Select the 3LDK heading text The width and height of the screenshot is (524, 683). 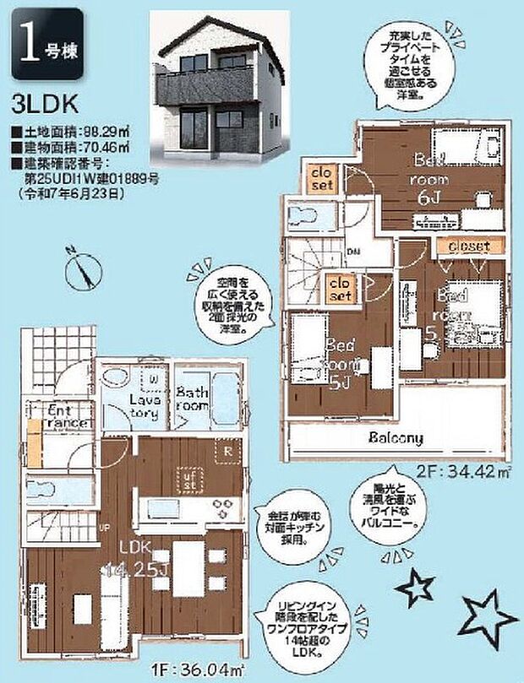(45, 104)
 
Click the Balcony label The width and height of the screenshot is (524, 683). (395, 438)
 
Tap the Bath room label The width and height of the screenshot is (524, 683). (194, 398)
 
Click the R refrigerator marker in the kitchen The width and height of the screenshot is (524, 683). (229, 450)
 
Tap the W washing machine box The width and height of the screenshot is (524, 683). (153, 379)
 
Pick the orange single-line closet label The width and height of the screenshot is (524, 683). (463, 247)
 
